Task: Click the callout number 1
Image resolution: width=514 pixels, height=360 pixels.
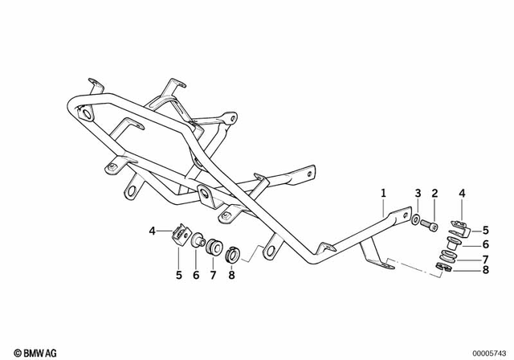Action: tap(383, 193)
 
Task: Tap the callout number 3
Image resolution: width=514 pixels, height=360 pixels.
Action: tap(418, 193)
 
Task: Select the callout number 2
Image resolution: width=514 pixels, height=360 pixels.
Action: tap(434, 193)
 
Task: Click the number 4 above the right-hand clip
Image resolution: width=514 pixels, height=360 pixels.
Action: tap(461, 193)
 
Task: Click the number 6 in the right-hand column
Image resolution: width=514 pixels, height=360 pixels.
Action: tap(486, 244)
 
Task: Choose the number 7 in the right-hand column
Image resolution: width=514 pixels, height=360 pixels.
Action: tap(486, 260)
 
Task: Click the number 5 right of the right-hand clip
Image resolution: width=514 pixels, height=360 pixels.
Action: tap(486, 230)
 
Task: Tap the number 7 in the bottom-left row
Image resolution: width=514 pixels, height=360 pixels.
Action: tap(214, 276)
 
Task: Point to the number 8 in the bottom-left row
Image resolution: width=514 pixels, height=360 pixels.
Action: tap(231, 276)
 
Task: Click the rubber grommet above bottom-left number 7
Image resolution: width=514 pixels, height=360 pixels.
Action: tap(214, 247)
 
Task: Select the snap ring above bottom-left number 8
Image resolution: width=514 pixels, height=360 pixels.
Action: tap(232, 254)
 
